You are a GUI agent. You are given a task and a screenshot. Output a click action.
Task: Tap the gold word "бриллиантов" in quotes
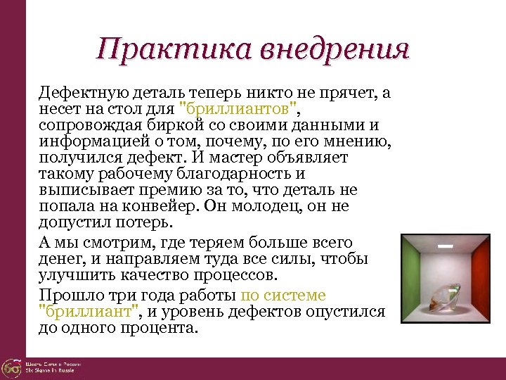(240, 110)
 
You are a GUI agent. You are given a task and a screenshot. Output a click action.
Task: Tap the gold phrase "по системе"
(283, 296)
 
